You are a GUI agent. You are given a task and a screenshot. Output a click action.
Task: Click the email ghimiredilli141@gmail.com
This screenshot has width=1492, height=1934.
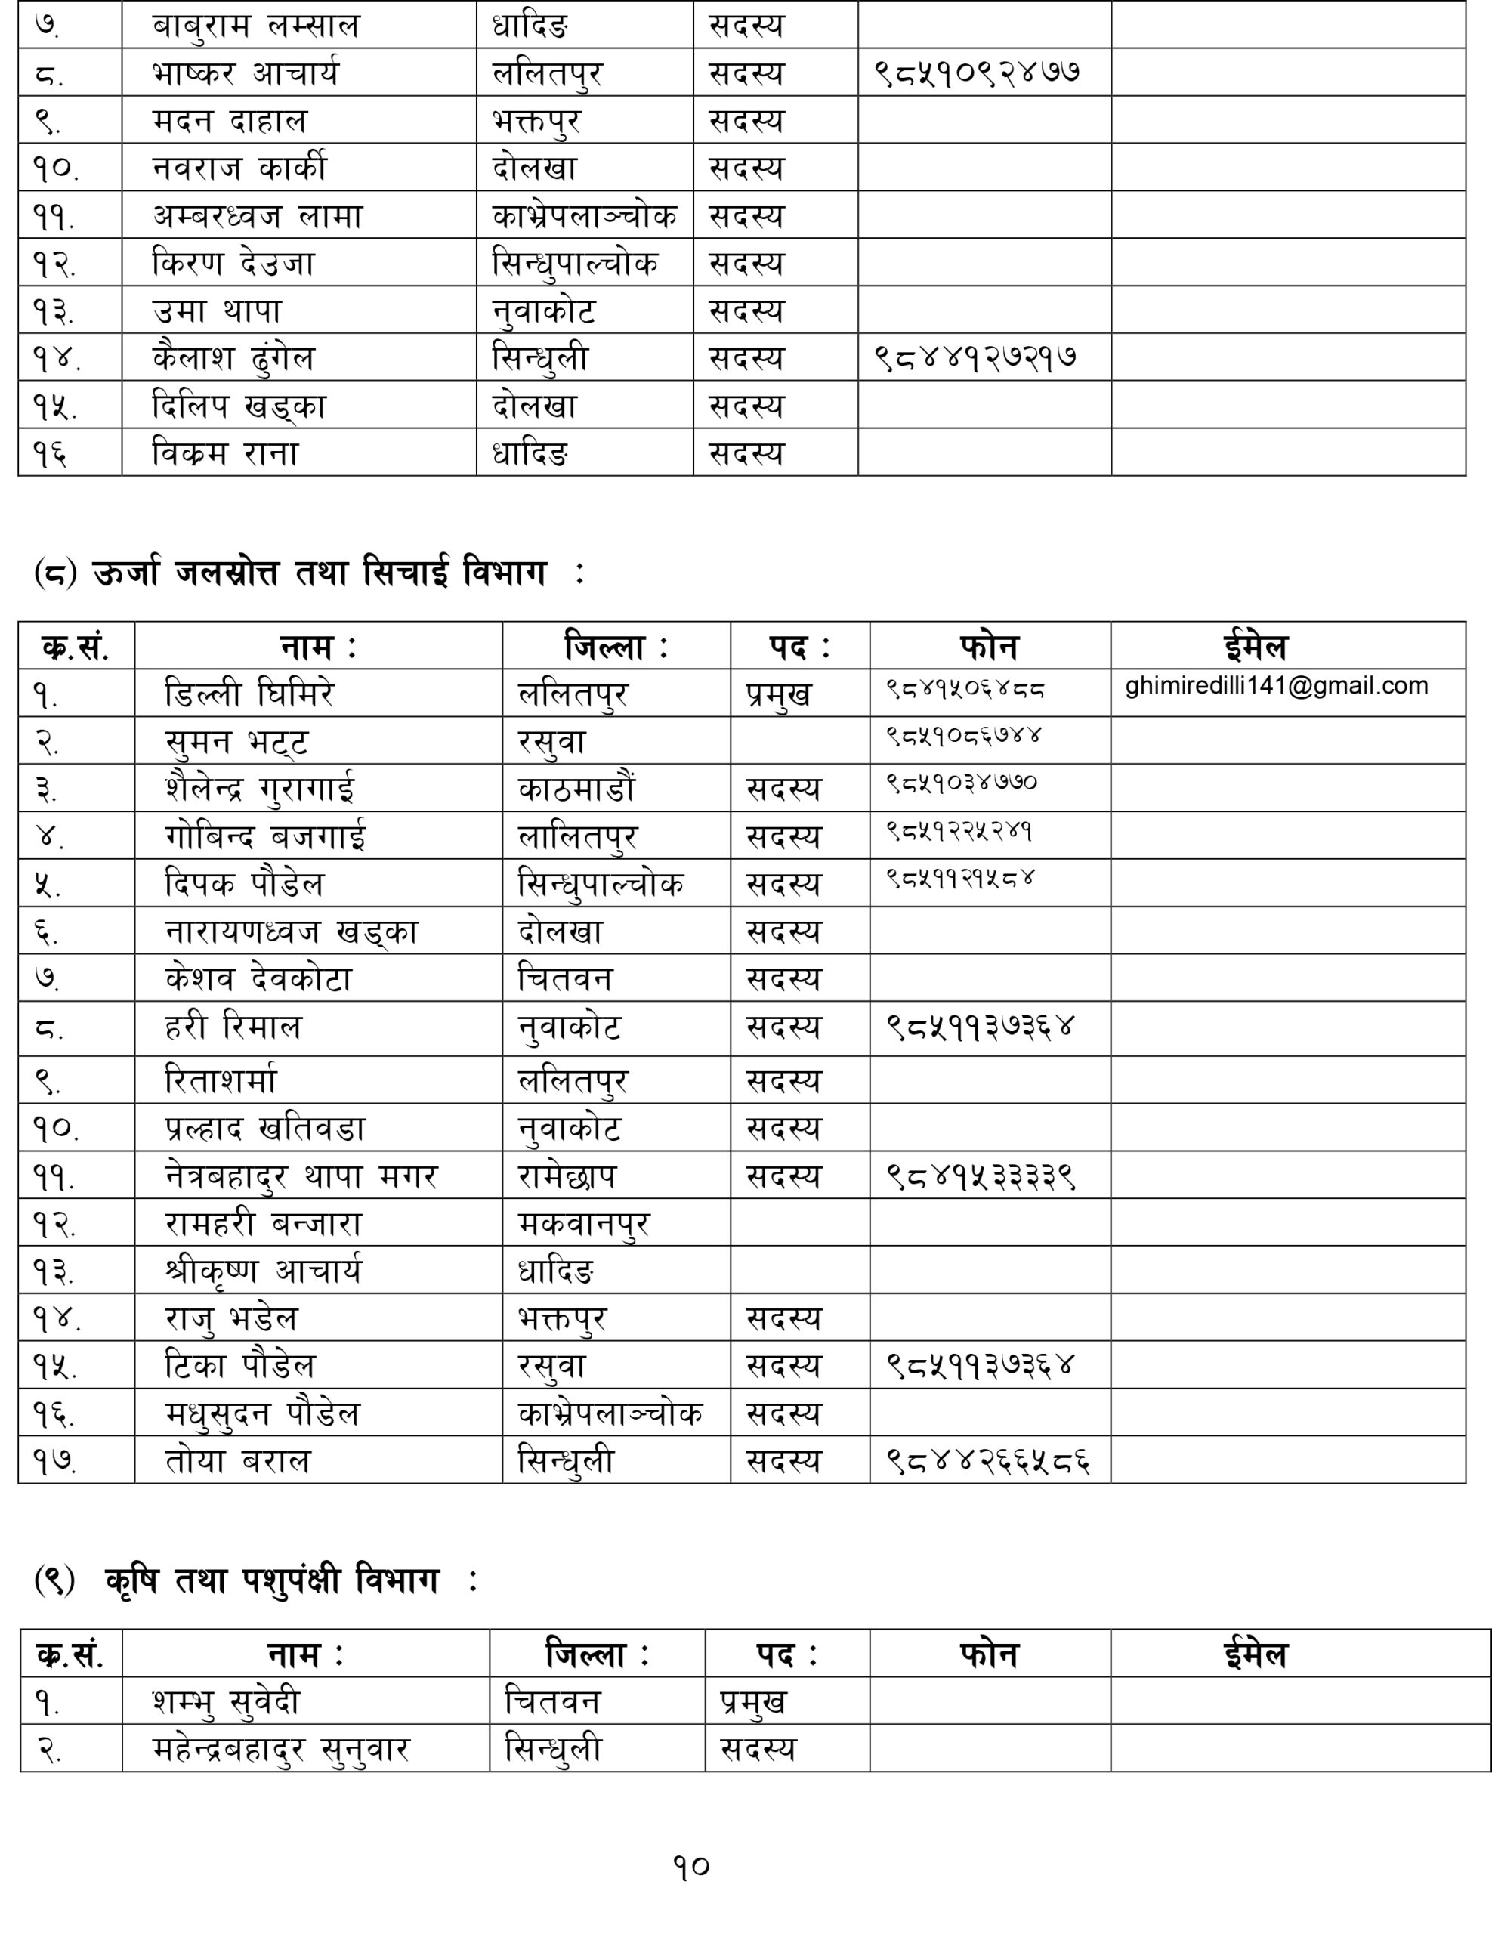point(1276,686)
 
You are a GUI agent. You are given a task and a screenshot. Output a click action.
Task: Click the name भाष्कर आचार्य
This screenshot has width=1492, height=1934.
point(246,73)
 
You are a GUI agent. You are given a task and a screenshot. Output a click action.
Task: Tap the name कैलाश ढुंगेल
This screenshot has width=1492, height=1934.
point(233,358)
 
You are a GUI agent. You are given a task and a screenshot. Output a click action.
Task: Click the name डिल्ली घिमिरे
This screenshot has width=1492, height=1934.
point(251,694)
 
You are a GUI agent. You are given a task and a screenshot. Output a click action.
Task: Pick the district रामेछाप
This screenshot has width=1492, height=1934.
point(567,1176)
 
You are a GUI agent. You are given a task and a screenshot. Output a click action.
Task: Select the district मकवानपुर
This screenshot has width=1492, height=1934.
point(583,1224)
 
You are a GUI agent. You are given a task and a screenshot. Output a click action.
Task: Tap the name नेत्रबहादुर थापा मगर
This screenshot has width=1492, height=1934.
point(301,1176)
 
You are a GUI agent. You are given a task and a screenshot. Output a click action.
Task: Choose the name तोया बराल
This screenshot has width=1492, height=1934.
point(238,1460)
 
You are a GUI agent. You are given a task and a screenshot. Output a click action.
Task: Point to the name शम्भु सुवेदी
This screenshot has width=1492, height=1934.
point(227,1702)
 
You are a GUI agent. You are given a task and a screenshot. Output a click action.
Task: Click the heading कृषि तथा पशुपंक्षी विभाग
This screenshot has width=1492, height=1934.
point(272,1580)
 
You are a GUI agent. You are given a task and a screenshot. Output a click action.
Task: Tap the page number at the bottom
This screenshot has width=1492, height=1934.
point(691,1867)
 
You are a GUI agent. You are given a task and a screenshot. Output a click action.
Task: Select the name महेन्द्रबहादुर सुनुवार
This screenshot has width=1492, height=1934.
point(281,1749)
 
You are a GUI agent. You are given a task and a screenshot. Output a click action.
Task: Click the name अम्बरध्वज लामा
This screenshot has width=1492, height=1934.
point(258,215)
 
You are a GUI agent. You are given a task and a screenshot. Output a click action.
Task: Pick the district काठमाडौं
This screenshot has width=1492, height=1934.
point(577,788)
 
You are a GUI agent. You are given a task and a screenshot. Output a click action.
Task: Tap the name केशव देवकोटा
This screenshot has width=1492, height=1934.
point(258,978)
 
